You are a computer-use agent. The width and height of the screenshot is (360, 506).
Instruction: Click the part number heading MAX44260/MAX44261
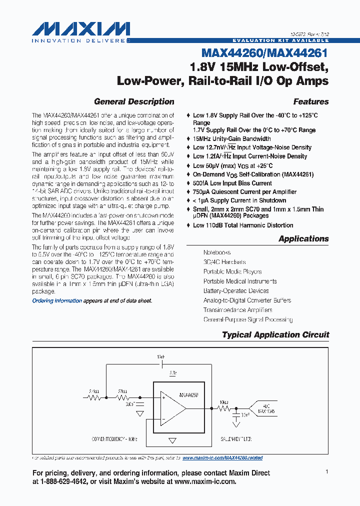(264, 52)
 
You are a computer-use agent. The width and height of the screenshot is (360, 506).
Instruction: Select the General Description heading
(134, 101)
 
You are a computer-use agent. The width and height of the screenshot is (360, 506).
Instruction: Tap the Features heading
(310, 101)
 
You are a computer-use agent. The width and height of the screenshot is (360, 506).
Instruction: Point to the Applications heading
(303, 238)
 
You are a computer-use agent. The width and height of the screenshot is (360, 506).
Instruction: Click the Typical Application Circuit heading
(275, 334)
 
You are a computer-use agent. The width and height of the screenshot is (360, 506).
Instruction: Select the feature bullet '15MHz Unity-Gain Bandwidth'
(232, 138)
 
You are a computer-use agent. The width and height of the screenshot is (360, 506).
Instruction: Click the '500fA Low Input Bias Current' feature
(232, 183)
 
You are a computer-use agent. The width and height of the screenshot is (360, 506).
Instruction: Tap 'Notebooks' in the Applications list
(217, 253)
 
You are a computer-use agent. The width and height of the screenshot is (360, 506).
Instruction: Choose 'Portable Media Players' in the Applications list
(232, 272)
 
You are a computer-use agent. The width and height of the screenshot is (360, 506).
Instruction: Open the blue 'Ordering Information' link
(57, 300)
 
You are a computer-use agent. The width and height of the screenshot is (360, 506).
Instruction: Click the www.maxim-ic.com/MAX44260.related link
(222, 458)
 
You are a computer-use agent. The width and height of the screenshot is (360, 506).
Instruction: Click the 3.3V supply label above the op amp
(172, 373)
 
